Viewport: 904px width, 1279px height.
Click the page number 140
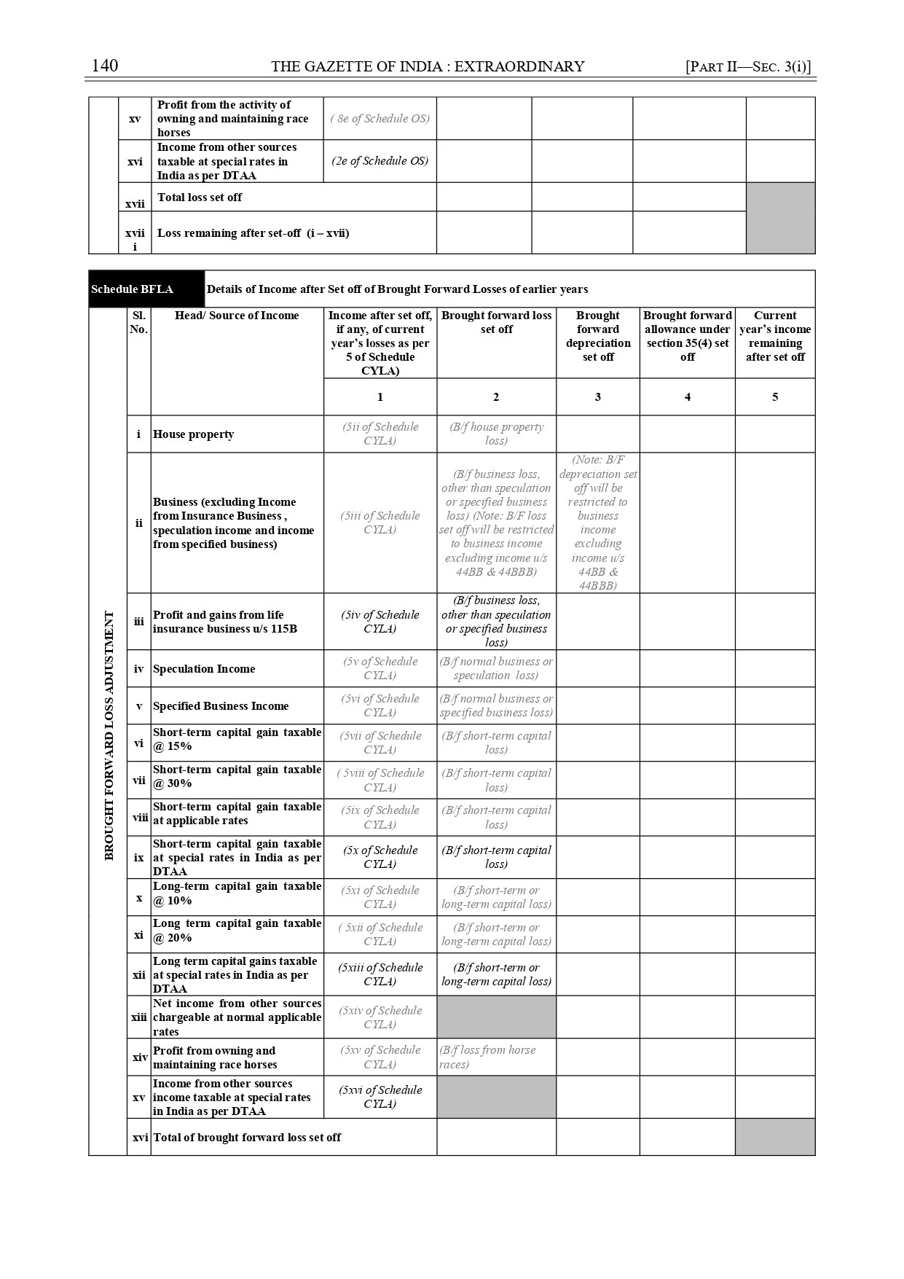point(105,66)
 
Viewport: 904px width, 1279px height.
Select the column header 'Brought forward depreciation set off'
point(597,336)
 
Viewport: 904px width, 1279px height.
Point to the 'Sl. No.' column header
point(138,322)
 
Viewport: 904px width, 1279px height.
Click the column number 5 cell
point(774,396)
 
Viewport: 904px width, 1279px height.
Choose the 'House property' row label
point(194,434)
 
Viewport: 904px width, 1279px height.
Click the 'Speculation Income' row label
point(204,669)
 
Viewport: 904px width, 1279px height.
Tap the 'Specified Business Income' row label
point(221,706)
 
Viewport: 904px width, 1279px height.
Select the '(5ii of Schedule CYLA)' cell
point(380,434)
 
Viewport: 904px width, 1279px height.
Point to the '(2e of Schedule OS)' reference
point(380,161)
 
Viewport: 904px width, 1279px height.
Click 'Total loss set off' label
point(200,197)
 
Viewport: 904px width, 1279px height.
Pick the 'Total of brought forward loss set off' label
point(247,1138)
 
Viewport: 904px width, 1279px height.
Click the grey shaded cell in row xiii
point(496,1017)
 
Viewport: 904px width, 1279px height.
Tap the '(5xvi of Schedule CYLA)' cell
point(380,1097)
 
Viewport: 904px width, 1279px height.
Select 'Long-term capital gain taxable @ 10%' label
point(237,893)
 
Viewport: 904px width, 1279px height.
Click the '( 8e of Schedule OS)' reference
point(380,118)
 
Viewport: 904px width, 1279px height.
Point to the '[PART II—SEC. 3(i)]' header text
point(748,66)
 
